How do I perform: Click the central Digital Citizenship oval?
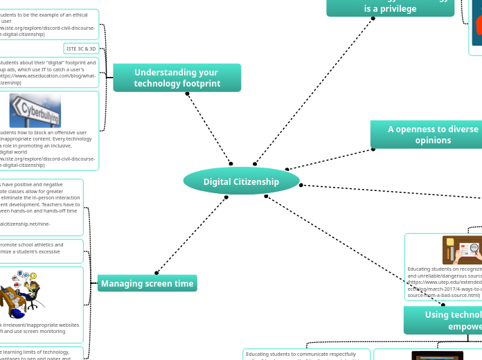pos(241,181)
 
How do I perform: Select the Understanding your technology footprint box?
pos(177,78)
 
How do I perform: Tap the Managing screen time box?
pos(147,283)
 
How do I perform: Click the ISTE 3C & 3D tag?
pos(82,48)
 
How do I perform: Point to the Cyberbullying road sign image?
pos(35,111)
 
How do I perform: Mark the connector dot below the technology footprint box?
pos(187,93)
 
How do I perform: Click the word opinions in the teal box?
pos(433,141)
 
